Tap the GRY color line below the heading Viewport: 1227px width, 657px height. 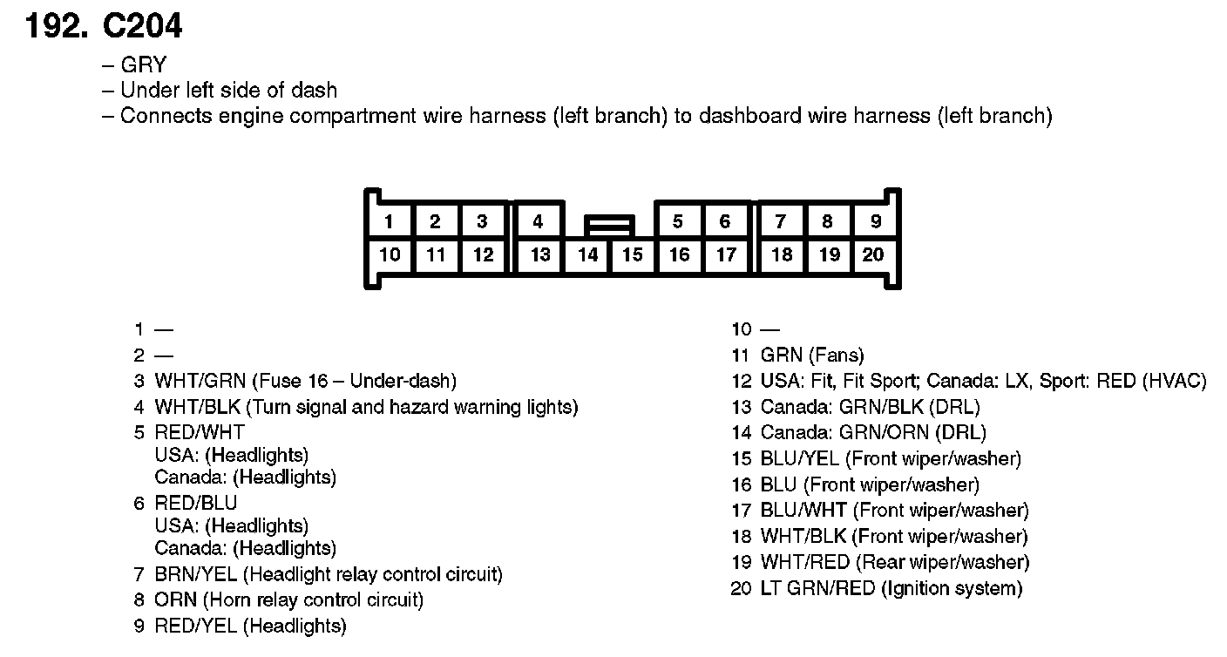pyautogui.click(x=143, y=65)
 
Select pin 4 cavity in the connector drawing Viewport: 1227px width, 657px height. pyautogui.click(x=538, y=221)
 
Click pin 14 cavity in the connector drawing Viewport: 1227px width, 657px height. pyautogui.click(x=588, y=255)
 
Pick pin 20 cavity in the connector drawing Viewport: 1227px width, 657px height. pyautogui.click(x=873, y=254)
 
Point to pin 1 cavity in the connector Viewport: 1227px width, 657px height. pyautogui.click(x=388, y=221)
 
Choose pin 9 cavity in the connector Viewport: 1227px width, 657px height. pyautogui.click(x=876, y=221)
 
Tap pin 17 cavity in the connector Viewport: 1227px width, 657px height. pyautogui.click(x=726, y=254)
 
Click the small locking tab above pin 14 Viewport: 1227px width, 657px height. pyautogui.click(x=609, y=226)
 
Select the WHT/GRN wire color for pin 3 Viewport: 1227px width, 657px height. pyautogui.click(x=203, y=381)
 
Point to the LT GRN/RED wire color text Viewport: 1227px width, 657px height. pyautogui.click(x=817, y=589)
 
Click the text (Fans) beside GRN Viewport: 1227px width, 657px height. pyautogui.click(x=836, y=356)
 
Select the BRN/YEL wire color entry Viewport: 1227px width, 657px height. pyautogui.click(x=196, y=575)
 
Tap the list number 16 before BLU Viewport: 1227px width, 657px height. pyautogui.click(x=742, y=485)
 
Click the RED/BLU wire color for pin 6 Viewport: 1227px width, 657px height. pyautogui.click(x=195, y=504)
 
